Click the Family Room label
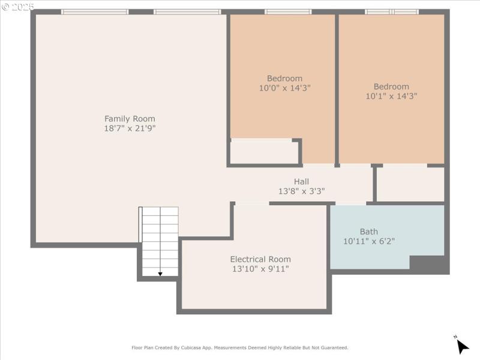click(x=130, y=119)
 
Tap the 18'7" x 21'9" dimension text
click(x=130, y=128)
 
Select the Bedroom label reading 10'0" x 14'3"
click(x=284, y=78)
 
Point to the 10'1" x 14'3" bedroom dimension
click(x=391, y=96)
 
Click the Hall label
click(x=301, y=182)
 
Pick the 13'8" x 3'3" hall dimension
click(x=301, y=191)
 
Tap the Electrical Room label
click(x=260, y=259)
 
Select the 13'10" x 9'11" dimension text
click(x=260, y=269)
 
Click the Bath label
click(x=369, y=232)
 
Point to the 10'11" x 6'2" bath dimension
click(x=369, y=241)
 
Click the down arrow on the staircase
click(x=160, y=273)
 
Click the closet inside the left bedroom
click(x=264, y=152)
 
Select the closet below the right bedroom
click(x=410, y=184)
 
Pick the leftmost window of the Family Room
click(x=95, y=12)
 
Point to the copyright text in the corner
click(x=17, y=7)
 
